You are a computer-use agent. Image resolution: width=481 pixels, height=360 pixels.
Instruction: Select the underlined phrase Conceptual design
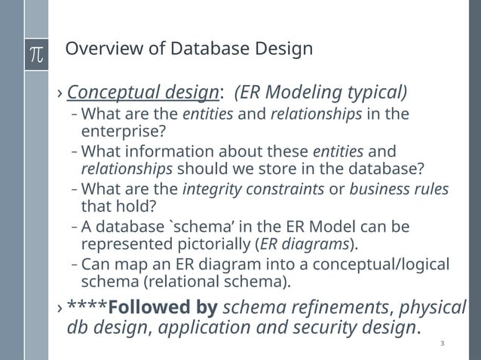142,93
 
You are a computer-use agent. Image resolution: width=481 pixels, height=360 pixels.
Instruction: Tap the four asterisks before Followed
87,309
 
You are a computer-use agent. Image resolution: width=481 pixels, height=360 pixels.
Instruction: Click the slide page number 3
442,344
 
